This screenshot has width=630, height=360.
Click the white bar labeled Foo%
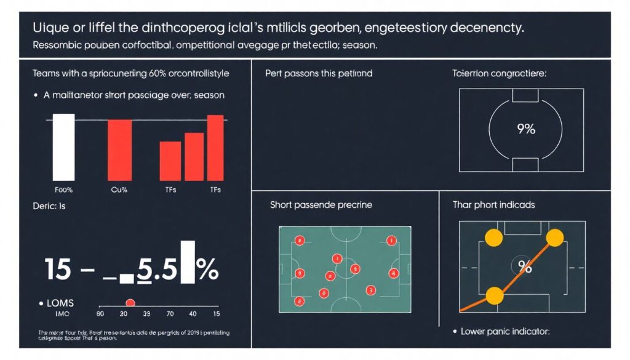click(x=63, y=146)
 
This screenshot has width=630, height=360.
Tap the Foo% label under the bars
click(x=63, y=190)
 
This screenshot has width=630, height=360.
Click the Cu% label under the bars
click(x=119, y=190)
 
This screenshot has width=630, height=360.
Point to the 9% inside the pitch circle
click(x=526, y=129)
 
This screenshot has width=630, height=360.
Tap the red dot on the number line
click(x=130, y=302)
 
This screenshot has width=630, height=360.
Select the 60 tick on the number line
click(x=100, y=314)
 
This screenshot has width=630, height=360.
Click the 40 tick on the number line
click(x=193, y=314)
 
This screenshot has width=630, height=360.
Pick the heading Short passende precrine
click(x=321, y=204)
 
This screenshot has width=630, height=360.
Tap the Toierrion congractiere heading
click(x=499, y=73)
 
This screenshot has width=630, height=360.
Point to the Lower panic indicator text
click(x=504, y=331)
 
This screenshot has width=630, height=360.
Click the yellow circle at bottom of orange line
click(x=495, y=296)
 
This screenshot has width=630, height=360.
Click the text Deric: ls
click(x=49, y=207)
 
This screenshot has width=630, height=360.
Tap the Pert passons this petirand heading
click(x=319, y=73)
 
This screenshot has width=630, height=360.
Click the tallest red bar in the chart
click(x=215, y=147)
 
